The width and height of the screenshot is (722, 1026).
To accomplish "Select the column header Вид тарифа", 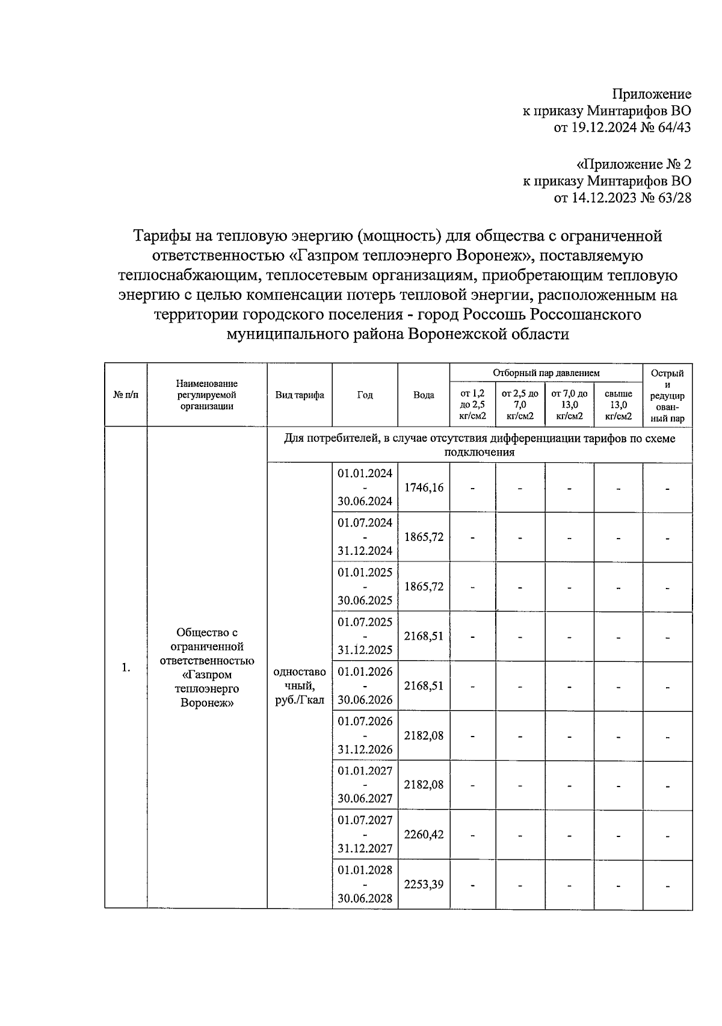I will [x=300, y=395].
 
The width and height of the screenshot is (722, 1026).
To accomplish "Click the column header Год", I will [x=365, y=395].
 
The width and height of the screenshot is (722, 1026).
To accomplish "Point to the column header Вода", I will [x=424, y=395].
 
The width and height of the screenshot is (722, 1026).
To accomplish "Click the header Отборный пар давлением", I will [x=546, y=373].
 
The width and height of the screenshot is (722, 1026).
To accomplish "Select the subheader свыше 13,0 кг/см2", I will [x=618, y=404].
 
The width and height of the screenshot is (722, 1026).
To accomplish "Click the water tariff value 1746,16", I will [x=424, y=487].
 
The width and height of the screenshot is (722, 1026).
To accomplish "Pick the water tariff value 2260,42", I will [x=424, y=835].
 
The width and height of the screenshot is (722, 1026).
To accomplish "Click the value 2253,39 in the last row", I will [x=424, y=885].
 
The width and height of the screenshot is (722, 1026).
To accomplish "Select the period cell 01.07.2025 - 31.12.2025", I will [x=365, y=636].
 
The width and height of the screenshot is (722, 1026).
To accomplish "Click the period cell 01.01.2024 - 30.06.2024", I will [x=365, y=487].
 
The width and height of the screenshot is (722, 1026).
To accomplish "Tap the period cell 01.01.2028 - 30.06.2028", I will [x=365, y=885].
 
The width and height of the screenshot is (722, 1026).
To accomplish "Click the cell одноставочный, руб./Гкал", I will [x=300, y=685].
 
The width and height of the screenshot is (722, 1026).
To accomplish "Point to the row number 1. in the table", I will [x=126, y=667].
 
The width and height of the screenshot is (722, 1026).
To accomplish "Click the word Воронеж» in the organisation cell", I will [x=206, y=702].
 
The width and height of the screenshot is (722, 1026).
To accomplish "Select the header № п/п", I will [x=126, y=395].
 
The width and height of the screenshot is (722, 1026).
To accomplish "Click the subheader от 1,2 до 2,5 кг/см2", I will [x=472, y=404].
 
